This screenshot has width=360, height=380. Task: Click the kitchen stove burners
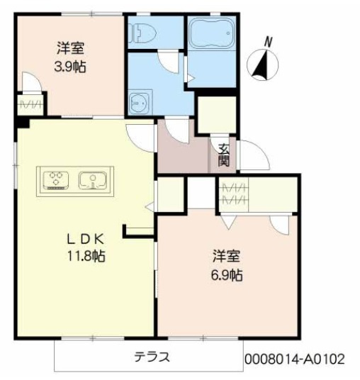[x=55, y=178]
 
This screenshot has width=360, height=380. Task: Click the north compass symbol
[x=260, y=66]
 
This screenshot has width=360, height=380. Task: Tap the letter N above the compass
[x=269, y=41]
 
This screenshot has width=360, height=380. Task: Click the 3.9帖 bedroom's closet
[x=30, y=106]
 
